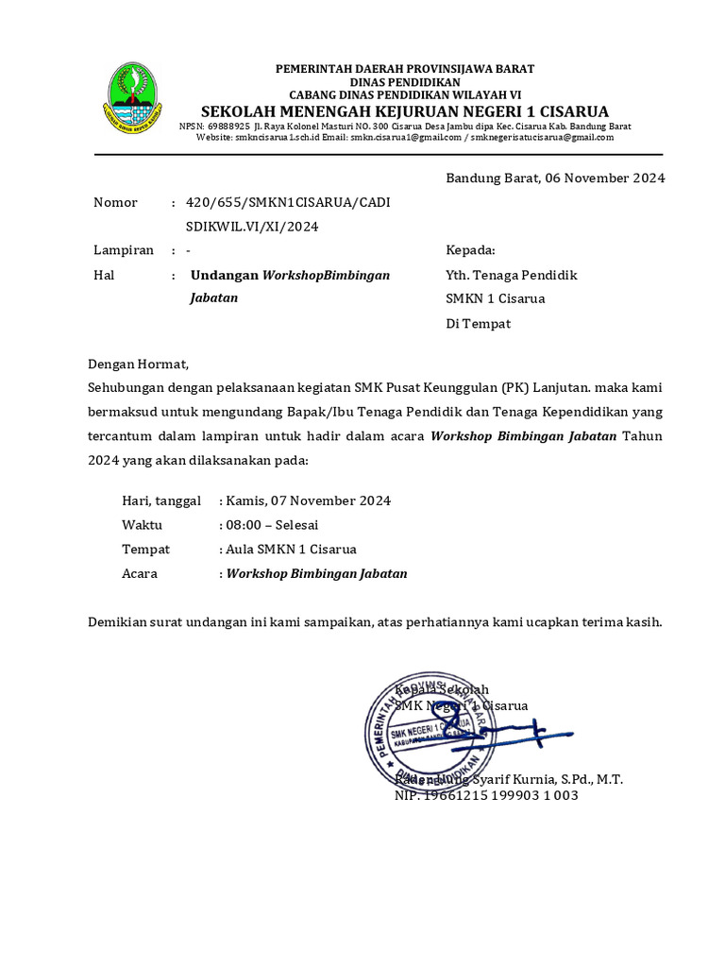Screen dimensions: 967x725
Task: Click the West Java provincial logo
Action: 131,98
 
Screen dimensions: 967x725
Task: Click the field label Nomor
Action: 115,202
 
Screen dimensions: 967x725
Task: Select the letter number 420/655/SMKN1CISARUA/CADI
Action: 288,202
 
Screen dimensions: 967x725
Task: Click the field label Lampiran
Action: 124,250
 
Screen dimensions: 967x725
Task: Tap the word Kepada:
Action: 470,250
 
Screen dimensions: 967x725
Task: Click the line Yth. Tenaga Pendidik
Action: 511,275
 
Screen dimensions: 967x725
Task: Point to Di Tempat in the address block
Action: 478,323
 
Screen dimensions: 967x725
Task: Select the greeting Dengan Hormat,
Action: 139,363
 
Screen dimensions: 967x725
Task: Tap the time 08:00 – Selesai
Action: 272,524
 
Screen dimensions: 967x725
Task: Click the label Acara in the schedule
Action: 140,573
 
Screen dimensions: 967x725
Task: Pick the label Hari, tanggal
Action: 161,500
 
